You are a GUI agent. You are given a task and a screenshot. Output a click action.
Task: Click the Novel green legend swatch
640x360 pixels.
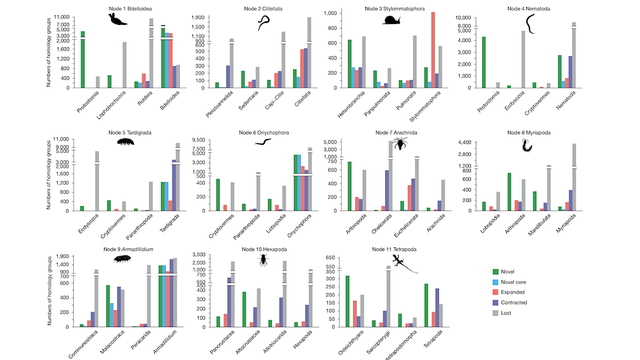[x=496, y=272]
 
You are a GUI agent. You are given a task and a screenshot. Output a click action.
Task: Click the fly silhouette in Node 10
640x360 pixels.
[x=263, y=259]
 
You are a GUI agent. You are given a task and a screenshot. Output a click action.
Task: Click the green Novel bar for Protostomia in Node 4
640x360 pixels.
[x=470, y=62]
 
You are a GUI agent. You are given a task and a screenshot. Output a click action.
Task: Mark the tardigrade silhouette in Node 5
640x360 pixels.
[x=126, y=142]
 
